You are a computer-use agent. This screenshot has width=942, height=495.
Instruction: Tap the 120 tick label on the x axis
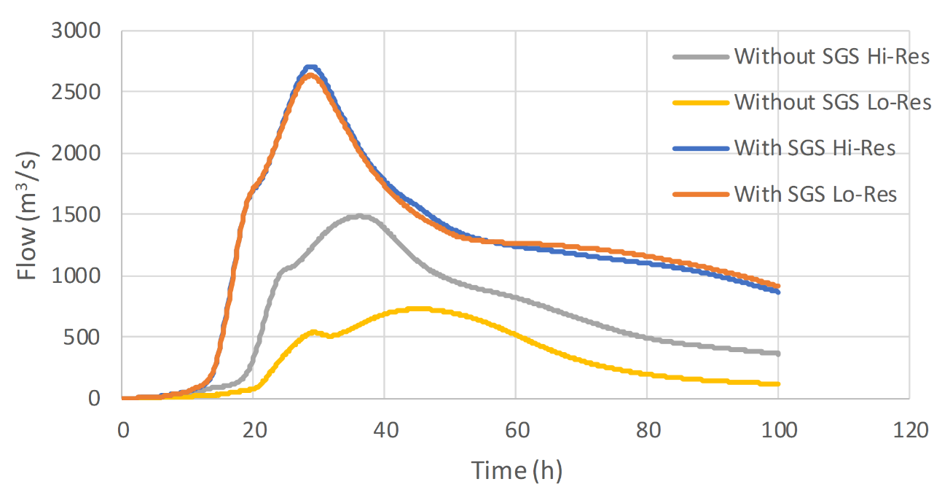tap(908, 429)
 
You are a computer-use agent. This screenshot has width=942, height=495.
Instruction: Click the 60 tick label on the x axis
tap(515, 429)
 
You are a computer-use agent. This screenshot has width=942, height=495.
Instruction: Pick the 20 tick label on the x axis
tap(253, 429)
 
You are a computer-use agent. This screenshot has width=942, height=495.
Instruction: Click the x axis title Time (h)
tap(516, 470)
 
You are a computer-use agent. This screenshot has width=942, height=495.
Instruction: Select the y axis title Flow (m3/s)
tap(27, 215)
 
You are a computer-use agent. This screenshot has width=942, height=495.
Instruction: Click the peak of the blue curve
tap(311, 67)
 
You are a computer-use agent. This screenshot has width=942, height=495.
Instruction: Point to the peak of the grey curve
tap(360, 216)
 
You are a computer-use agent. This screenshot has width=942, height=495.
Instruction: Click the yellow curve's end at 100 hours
tap(778, 384)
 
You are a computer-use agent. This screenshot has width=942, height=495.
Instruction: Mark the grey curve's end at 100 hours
tap(778, 354)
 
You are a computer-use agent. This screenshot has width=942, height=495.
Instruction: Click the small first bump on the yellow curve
tap(313, 332)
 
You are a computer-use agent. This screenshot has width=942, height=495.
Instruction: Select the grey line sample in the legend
tap(699, 57)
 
